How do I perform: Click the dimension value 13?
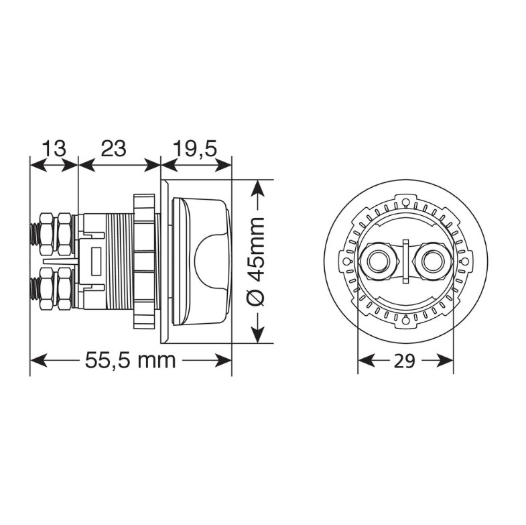(x=54, y=148)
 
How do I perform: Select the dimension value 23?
(x=114, y=148)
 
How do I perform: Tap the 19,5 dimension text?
(x=195, y=149)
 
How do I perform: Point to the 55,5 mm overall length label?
(x=131, y=361)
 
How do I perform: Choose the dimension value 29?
(x=405, y=361)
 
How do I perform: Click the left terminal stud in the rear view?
(x=378, y=261)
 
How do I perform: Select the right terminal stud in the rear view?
(x=433, y=261)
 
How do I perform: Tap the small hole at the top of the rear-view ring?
(x=406, y=202)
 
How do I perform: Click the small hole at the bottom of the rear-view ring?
(x=406, y=320)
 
